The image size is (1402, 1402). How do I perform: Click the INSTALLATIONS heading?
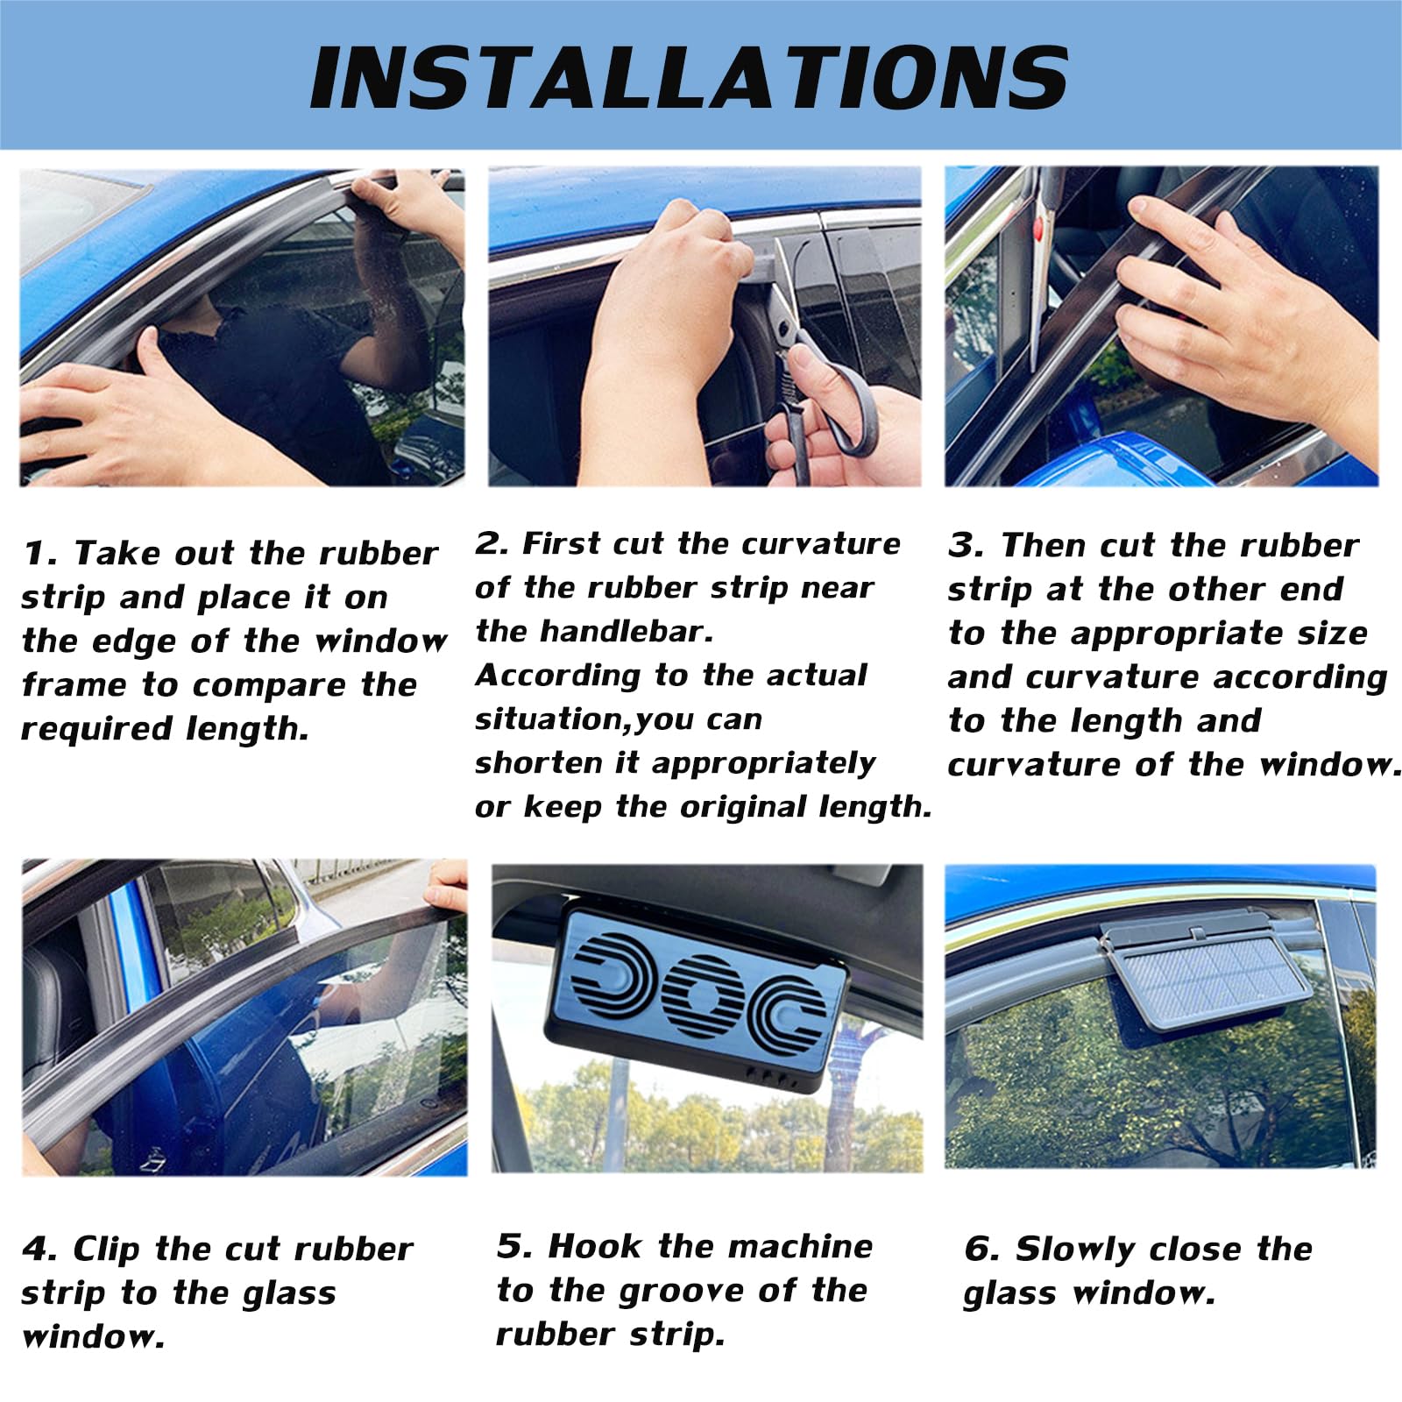pos(689,77)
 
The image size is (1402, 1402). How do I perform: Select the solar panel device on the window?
pos(1207,974)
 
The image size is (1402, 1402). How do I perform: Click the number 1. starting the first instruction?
pos(39,554)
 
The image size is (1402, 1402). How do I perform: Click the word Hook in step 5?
pos(593,1247)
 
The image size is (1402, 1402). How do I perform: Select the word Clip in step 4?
pos(106,1250)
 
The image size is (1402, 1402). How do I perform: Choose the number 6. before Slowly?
pos(981,1250)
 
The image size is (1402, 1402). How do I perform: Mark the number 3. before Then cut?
pos(966,546)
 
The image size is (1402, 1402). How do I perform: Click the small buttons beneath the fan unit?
pos(771,1077)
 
